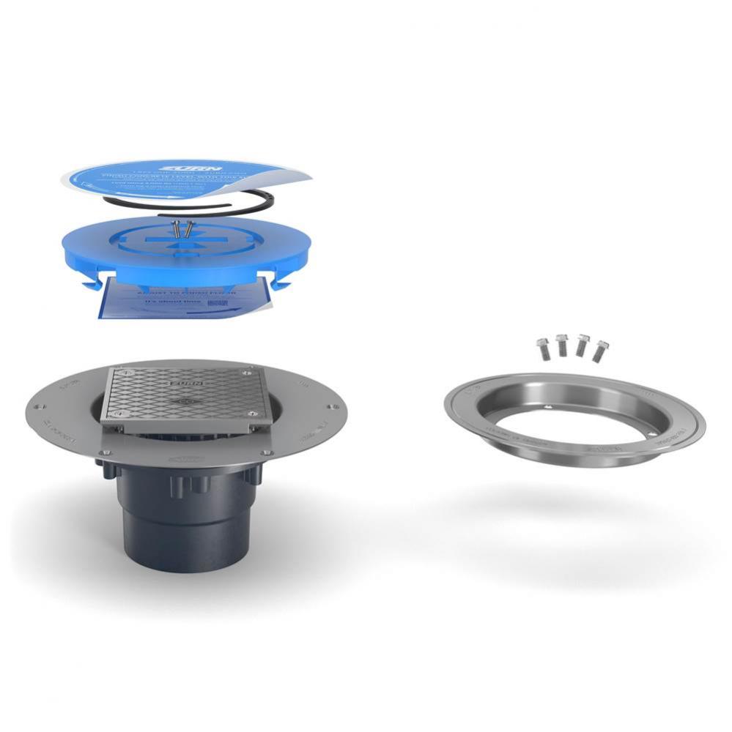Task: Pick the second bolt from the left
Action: tap(562, 344)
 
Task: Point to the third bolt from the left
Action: tap(583, 344)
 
